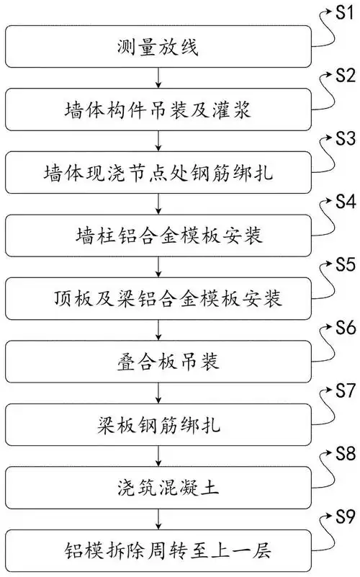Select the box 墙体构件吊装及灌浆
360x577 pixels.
(157, 110)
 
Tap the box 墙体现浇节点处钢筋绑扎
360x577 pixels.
(157, 173)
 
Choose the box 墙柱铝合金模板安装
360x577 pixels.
(157, 235)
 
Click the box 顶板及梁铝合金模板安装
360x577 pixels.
(157, 297)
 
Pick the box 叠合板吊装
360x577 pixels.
(157, 359)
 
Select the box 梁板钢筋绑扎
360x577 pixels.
(157, 421)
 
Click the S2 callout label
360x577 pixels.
(342, 75)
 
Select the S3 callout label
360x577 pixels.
(342, 137)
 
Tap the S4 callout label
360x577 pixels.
(342, 200)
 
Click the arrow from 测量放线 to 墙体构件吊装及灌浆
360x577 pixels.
(157, 79)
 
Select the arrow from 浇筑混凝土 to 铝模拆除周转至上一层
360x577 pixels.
(157, 514)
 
